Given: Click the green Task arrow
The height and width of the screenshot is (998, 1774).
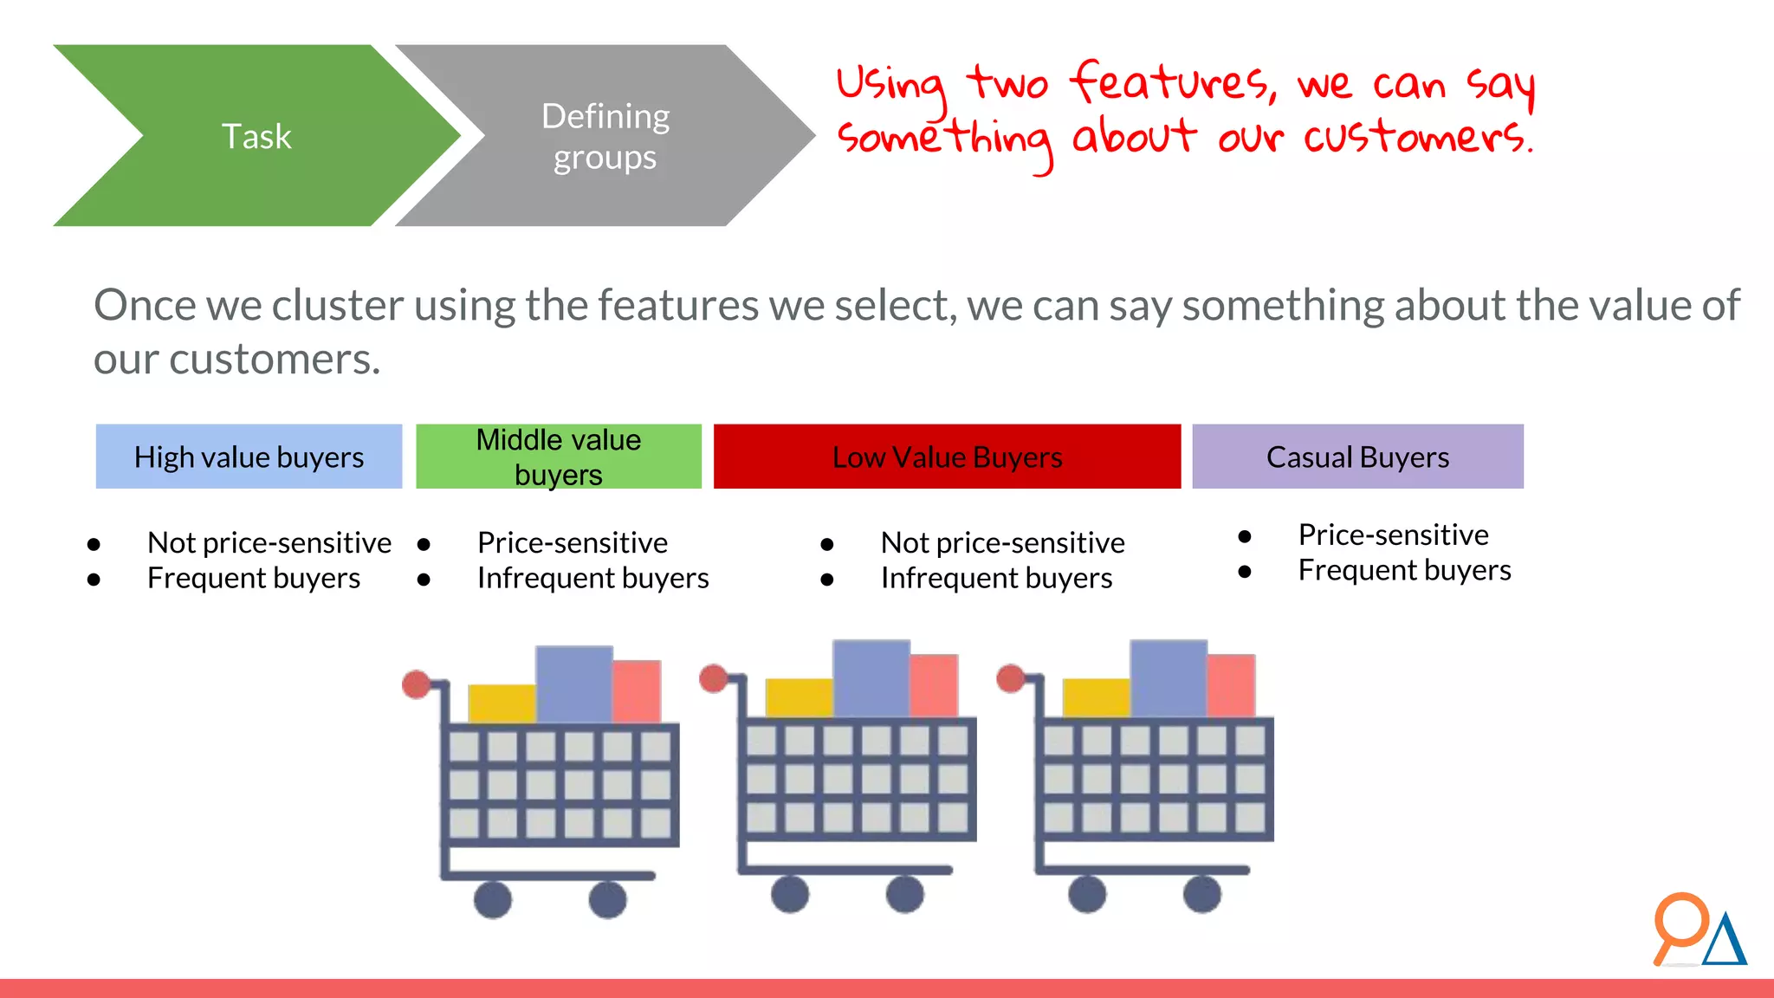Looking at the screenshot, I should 256,136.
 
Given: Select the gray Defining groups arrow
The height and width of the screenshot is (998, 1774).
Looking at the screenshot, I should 605,136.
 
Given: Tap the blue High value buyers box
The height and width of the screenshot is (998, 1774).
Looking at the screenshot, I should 249,457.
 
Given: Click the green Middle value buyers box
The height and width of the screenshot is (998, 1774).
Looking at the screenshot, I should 558,457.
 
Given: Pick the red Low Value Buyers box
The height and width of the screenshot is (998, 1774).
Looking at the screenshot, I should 947,457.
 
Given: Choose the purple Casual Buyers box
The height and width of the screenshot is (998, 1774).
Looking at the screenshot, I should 1357,457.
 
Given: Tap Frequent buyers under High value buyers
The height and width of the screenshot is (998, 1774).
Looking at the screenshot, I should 253,578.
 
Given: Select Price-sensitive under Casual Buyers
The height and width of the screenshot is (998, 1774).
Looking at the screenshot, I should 1393,535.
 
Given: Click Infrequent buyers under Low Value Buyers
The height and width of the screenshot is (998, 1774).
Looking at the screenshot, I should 996,578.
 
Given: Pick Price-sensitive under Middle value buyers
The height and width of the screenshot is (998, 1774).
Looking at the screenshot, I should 572,542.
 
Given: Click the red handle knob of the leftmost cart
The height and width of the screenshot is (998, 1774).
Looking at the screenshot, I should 417,684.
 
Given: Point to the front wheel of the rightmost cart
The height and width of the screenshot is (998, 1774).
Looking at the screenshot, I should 1202,894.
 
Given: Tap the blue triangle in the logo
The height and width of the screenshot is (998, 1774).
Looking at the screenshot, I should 1725,943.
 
